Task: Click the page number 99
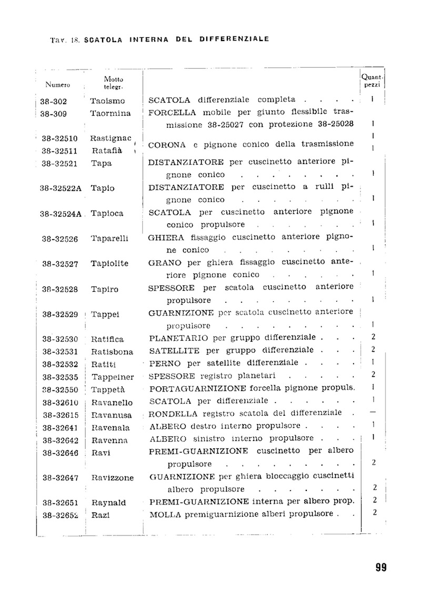coord(382,567)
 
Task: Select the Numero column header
coord(58,84)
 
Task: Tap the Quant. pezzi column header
coord(373,80)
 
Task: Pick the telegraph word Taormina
coord(110,113)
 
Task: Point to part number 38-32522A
coord(61,188)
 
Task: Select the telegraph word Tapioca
coord(107,213)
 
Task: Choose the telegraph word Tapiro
coord(105,289)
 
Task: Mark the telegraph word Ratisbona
coord(112,352)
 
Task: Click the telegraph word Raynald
coord(109,502)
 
